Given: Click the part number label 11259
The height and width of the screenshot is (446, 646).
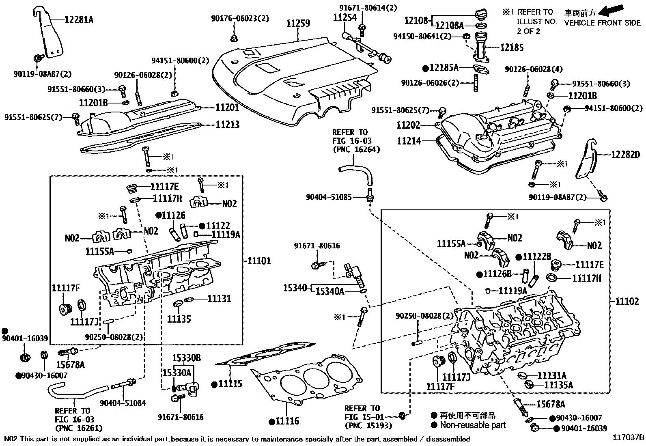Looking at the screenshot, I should tap(298, 24).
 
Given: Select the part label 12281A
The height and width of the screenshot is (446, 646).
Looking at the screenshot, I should tap(79, 19).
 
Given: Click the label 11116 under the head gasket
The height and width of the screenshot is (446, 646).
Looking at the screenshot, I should tap(287, 421).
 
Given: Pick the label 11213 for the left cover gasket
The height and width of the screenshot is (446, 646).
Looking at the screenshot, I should tap(228, 124).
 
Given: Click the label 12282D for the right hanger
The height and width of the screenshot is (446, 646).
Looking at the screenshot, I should tap(626, 155).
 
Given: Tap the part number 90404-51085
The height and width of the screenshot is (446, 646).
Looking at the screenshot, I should tap(329, 197).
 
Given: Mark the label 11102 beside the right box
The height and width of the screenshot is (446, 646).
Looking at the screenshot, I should tap(627, 301).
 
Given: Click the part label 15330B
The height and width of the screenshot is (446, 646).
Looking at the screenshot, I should tap(187, 358).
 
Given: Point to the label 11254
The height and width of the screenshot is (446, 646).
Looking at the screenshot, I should tap(345, 17).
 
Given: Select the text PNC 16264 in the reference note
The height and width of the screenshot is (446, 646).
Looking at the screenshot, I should tap(356, 150).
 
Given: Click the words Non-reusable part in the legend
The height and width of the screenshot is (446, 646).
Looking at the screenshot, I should tap(473, 425).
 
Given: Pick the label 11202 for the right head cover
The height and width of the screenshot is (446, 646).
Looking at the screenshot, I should tap(408, 125).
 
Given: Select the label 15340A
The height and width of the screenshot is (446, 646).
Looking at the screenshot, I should tap(330, 291).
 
